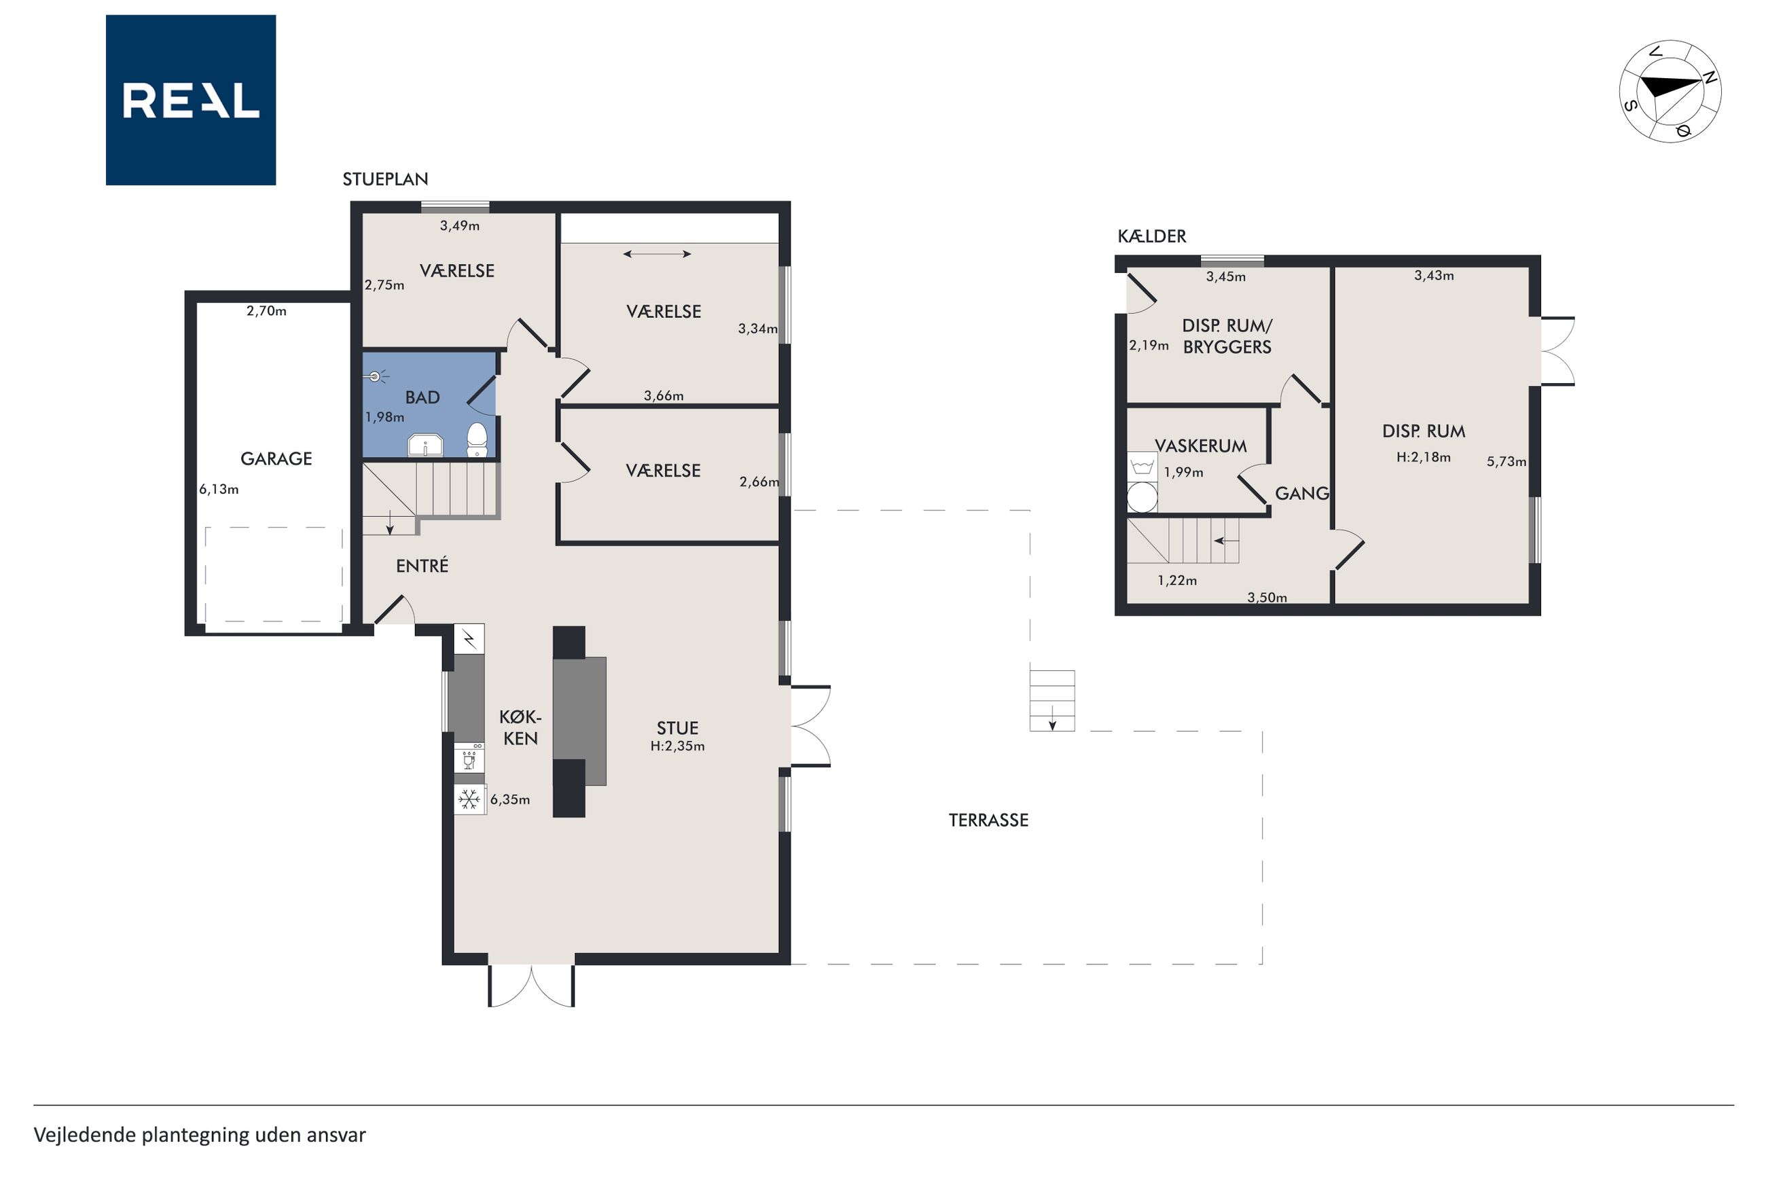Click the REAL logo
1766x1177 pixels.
191,100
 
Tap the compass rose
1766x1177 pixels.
1670,92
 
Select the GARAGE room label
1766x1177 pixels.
276,458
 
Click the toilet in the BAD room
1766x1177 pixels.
477,440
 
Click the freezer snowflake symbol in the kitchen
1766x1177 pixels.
470,799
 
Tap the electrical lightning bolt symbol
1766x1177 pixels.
470,640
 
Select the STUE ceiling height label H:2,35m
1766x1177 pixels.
678,746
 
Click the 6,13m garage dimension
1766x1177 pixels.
219,490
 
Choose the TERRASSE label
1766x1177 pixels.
988,820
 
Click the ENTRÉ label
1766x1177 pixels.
422,565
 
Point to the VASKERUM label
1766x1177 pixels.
1201,446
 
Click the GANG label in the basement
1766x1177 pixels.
1302,493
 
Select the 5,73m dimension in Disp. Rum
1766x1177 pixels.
1507,462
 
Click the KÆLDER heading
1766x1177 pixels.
1152,236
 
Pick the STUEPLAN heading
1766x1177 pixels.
386,179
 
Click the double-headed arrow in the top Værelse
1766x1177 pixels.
657,255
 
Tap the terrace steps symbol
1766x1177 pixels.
1052,700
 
